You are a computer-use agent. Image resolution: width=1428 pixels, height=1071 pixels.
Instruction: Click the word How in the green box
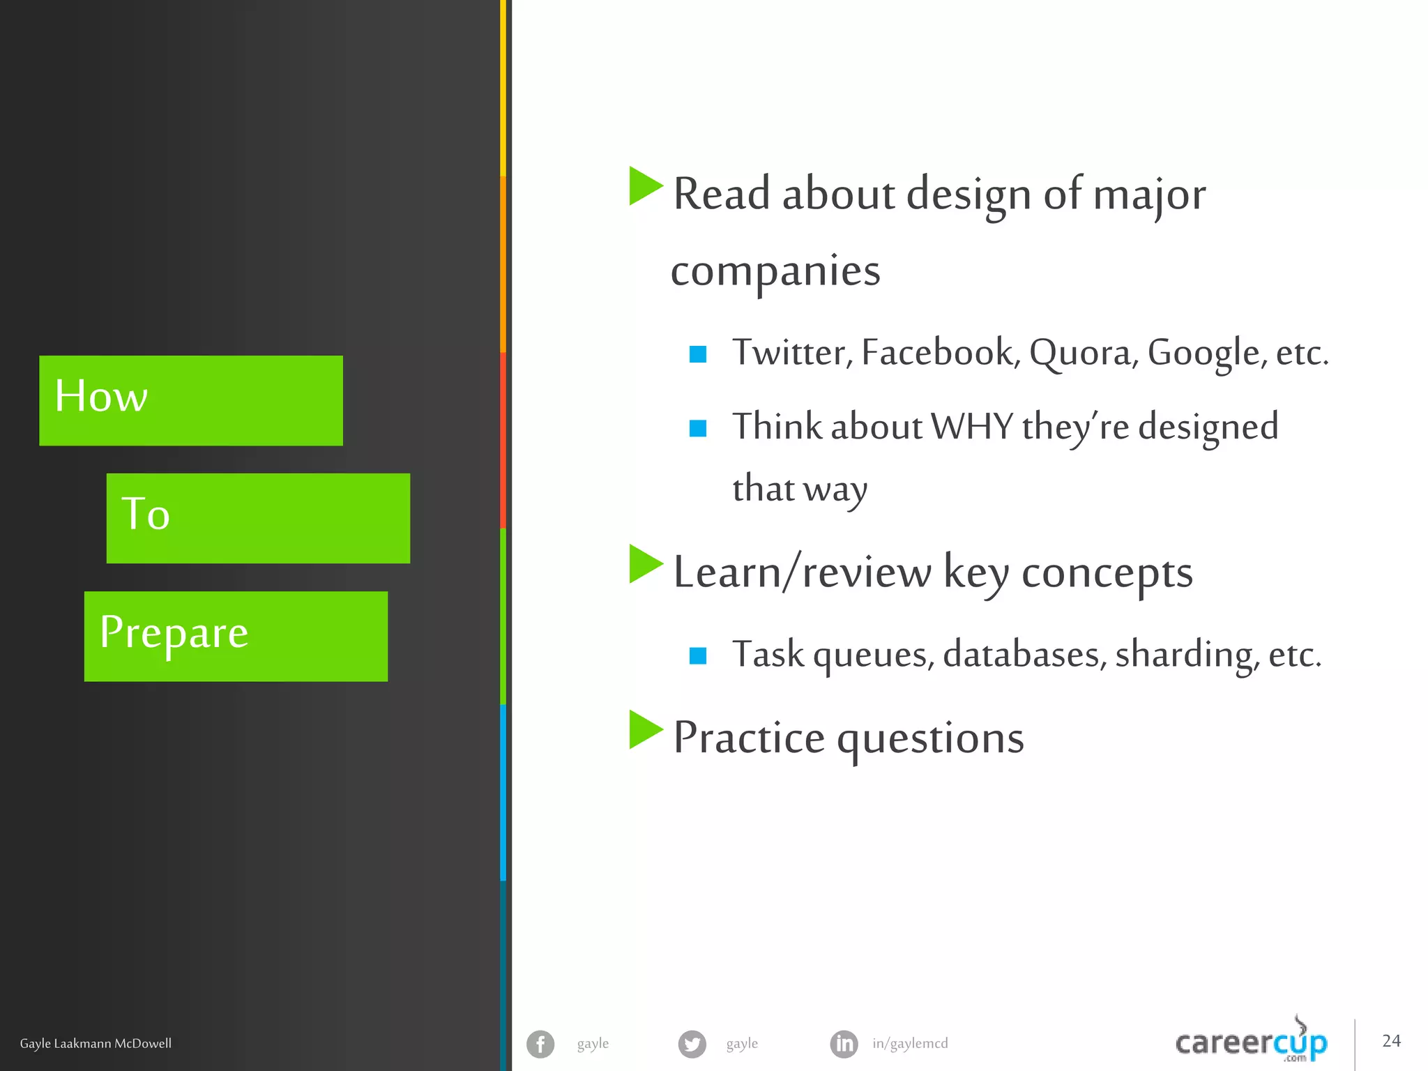(x=101, y=396)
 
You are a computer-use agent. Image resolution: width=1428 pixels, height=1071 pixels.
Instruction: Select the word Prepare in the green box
(x=174, y=632)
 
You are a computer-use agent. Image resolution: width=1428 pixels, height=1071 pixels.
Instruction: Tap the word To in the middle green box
(x=145, y=514)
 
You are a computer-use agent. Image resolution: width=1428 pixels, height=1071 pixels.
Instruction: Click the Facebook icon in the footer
(x=540, y=1044)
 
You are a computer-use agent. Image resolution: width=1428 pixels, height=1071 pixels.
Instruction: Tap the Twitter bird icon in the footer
(x=692, y=1044)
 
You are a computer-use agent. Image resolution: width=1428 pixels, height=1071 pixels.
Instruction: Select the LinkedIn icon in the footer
(x=844, y=1044)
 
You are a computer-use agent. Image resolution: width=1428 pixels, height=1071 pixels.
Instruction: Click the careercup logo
(x=1251, y=1042)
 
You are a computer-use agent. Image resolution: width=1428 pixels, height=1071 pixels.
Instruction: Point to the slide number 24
(x=1391, y=1041)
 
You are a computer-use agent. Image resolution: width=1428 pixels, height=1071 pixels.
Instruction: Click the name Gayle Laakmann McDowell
(x=96, y=1044)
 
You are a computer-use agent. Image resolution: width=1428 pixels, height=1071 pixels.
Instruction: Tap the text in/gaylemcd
(x=910, y=1044)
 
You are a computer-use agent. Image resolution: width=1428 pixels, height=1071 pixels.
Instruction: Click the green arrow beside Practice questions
(x=645, y=729)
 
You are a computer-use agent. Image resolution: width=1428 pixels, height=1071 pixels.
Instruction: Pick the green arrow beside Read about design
(x=645, y=186)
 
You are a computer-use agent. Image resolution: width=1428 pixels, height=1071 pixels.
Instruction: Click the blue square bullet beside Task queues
(x=698, y=655)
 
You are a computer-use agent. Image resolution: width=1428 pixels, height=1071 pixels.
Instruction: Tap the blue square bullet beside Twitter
(x=698, y=354)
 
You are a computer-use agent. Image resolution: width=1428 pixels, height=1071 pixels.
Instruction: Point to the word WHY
(x=972, y=427)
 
